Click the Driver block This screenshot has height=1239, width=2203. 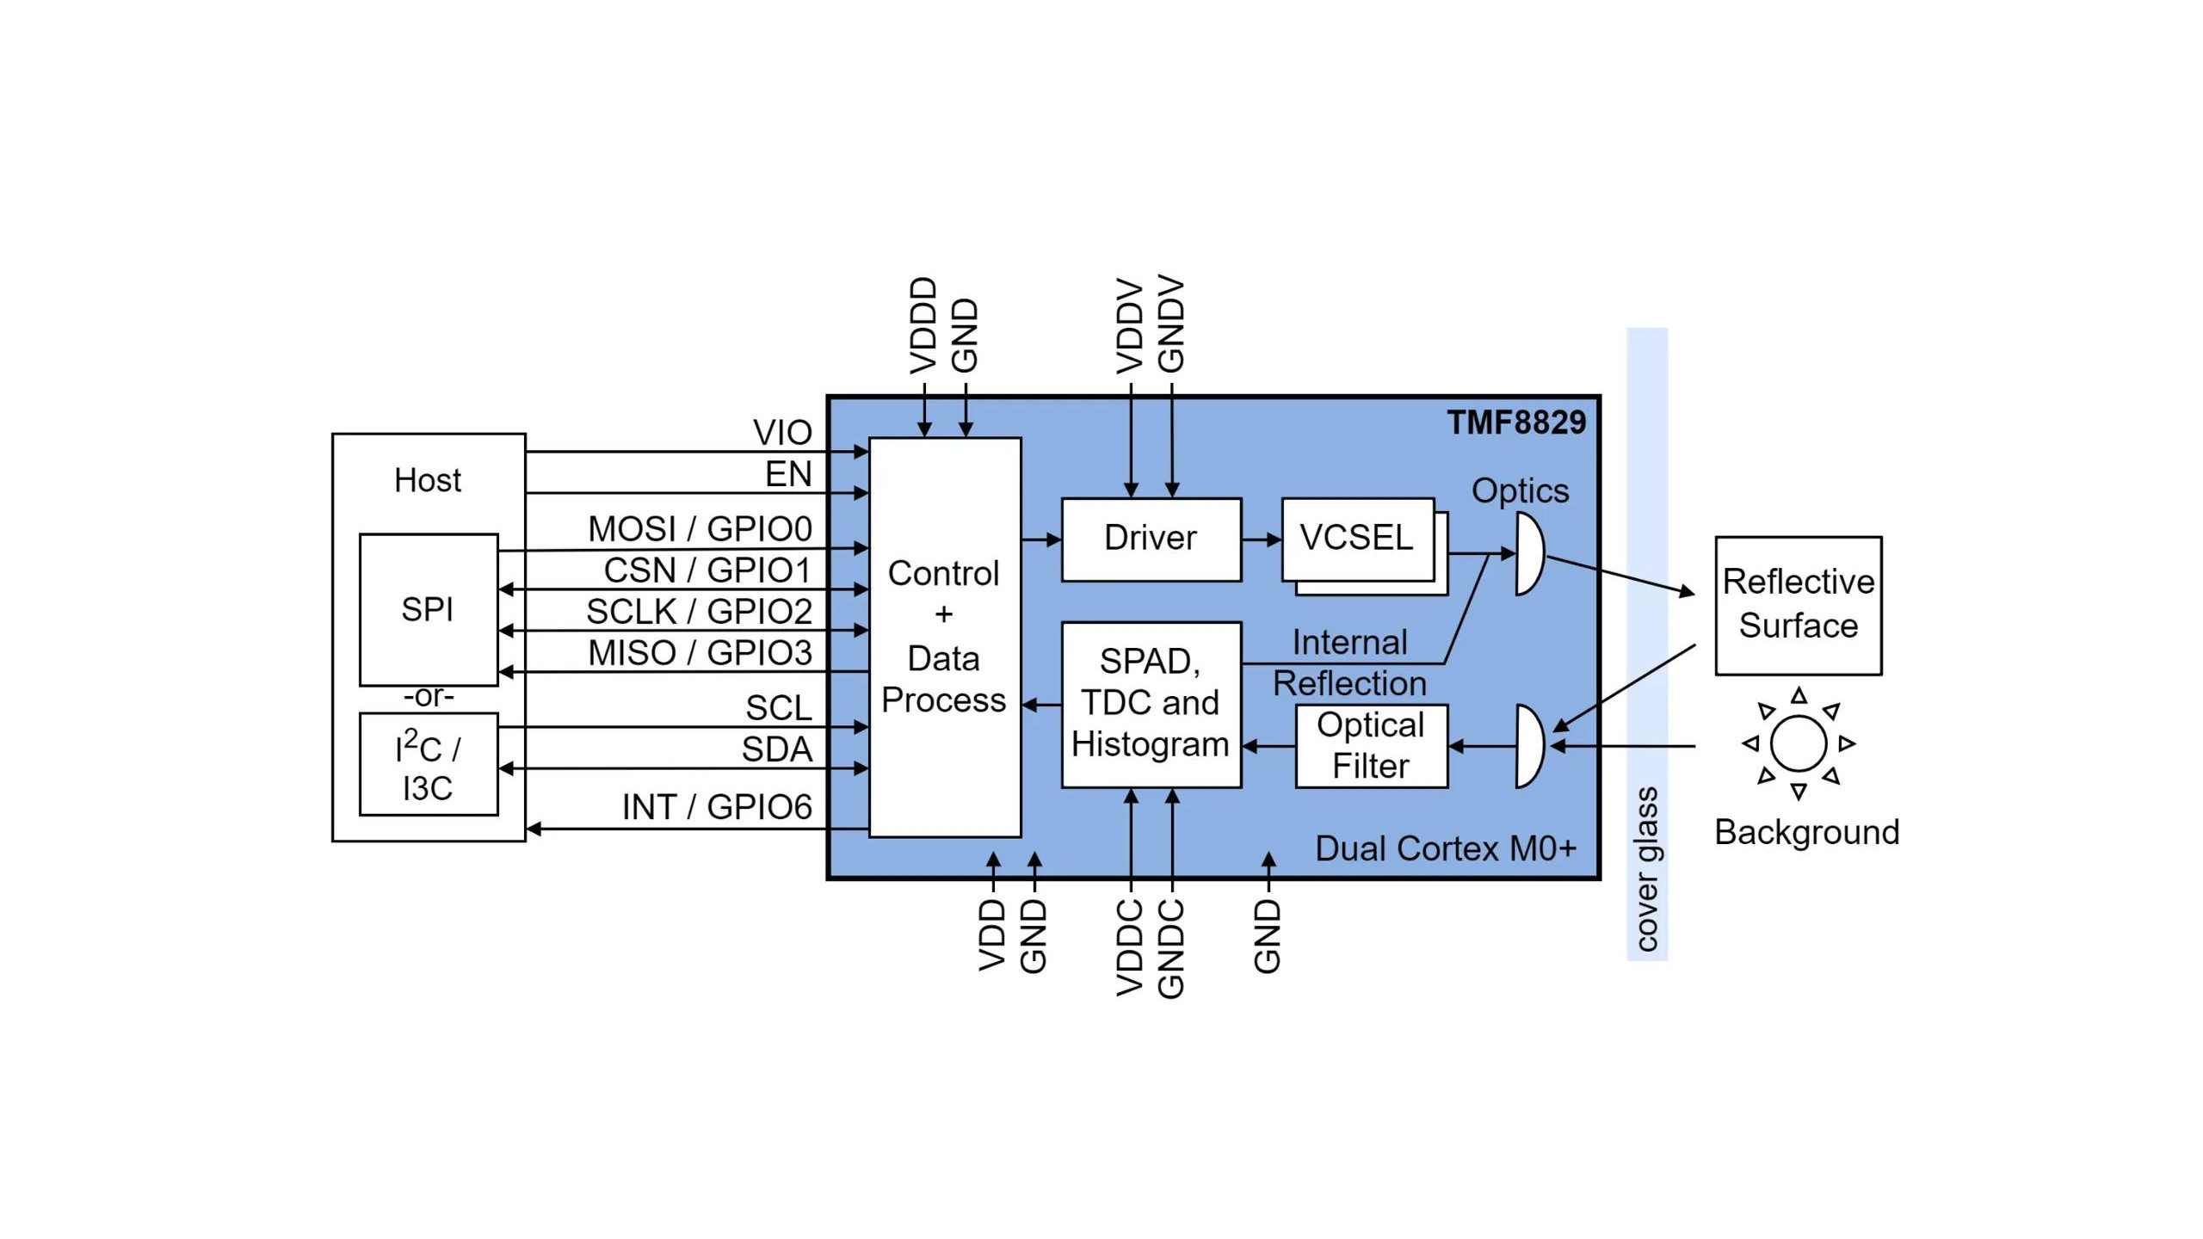point(1151,539)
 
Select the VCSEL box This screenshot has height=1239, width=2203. point(1357,539)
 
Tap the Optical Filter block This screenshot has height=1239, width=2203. point(1371,746)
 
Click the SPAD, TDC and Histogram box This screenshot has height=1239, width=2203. point(1151,704)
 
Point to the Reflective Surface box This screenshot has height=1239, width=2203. point(1798,605)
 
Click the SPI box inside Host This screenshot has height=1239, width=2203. point(428,609)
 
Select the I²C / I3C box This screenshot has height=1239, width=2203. point(428,764)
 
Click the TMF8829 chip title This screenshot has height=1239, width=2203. point(1515,422)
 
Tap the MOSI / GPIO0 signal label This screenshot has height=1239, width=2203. point(699,528)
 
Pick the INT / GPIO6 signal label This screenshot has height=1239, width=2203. point(716,807)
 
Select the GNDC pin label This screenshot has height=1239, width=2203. point(1171,948)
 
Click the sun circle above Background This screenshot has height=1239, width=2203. point(1798,743)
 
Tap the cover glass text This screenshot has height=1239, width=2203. point(1646,869)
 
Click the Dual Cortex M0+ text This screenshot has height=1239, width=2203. point(1446,848)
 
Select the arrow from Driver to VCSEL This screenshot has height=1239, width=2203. point(1261,539)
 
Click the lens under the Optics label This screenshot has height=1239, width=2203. point(1529,554)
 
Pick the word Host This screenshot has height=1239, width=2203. point(427,480)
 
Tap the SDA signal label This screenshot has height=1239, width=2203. point(776,749)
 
